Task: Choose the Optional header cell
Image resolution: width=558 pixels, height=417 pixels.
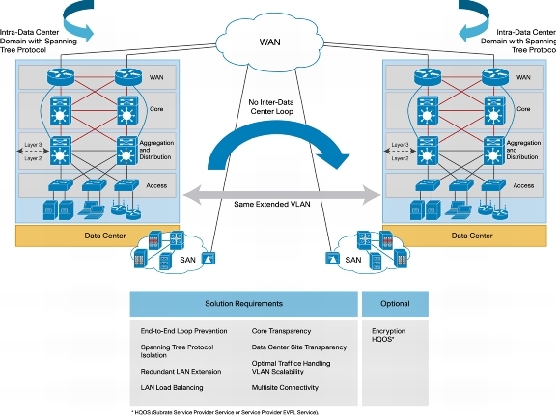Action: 394,303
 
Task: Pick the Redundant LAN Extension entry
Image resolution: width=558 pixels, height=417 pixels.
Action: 179,369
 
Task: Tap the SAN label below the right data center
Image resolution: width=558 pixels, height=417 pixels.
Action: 354,260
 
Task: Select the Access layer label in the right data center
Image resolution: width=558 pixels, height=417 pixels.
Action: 523,185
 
